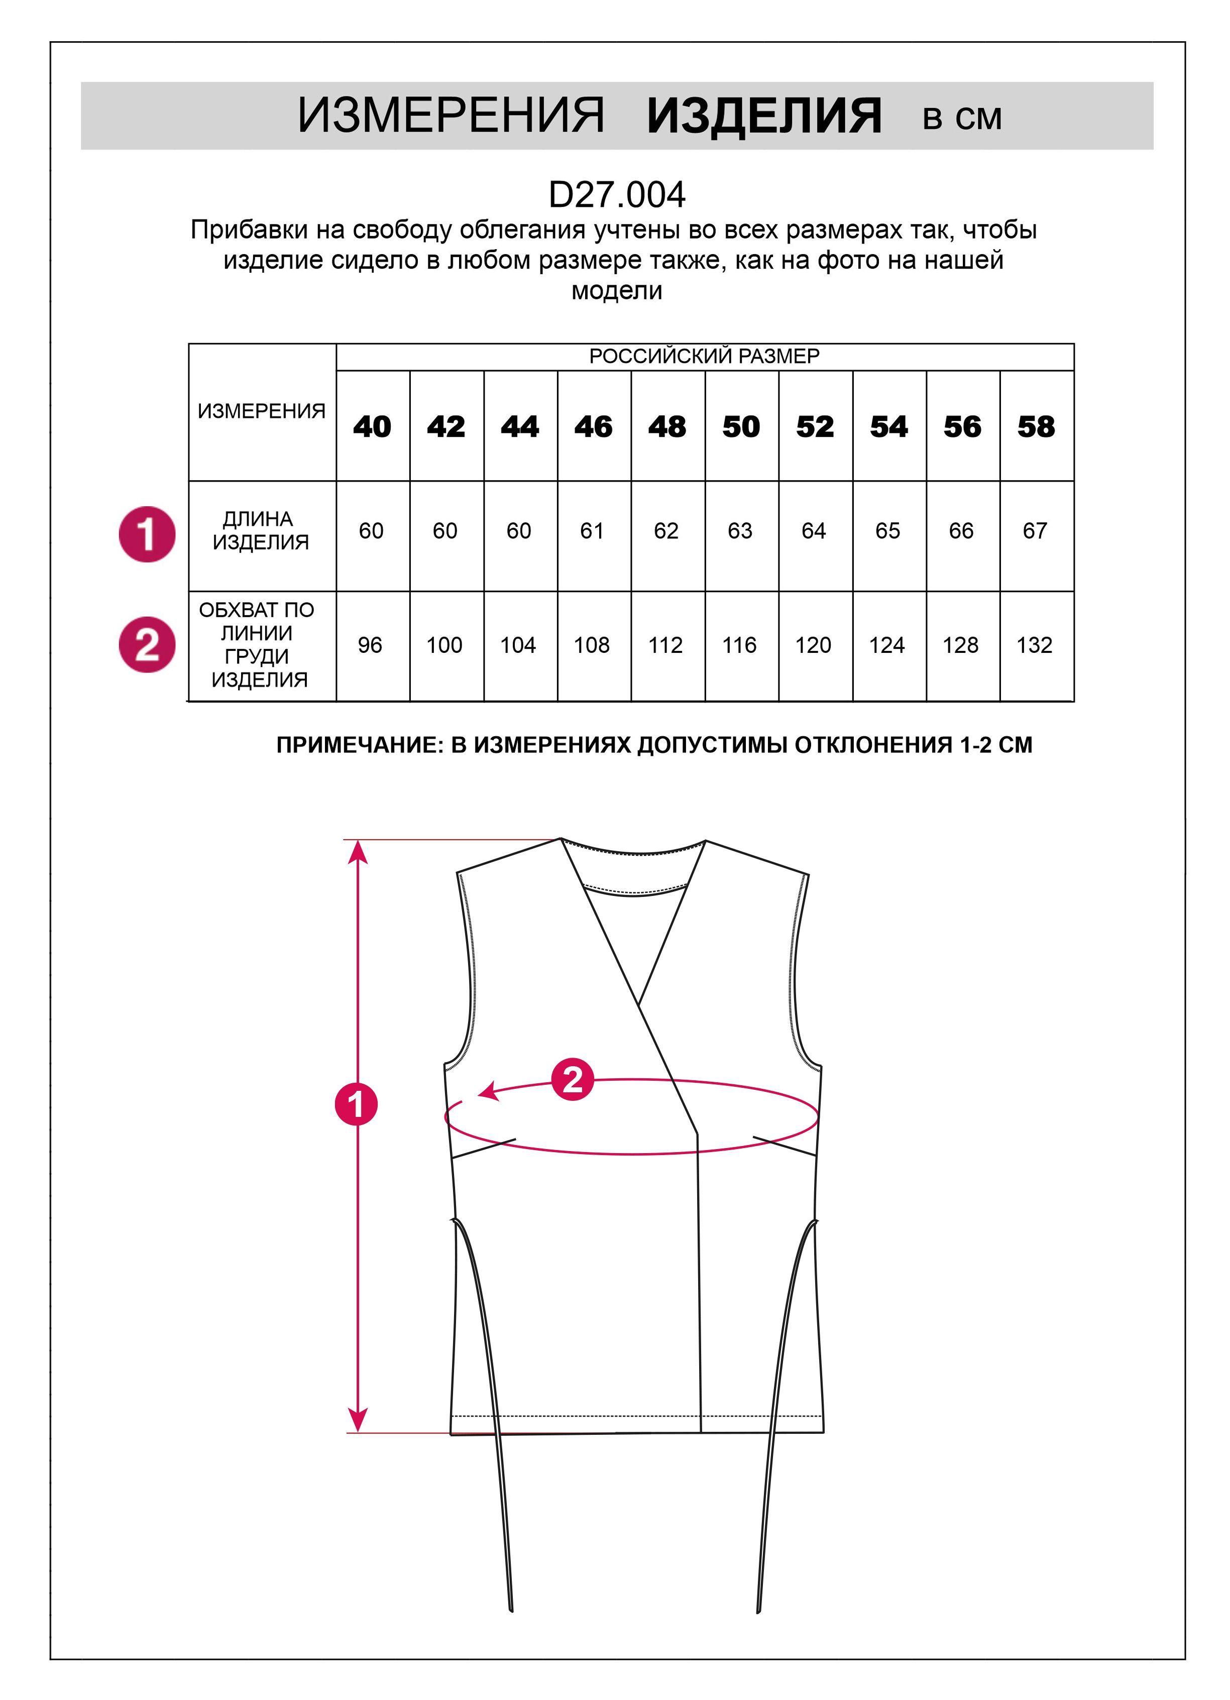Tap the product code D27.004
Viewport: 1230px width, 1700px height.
tap(616, 195)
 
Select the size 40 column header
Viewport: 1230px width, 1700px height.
tap(372, 426)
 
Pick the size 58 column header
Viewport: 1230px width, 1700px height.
tap(1036, 426)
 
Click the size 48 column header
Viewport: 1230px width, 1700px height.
tap(667, 426)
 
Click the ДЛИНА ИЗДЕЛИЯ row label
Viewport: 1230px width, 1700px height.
tap(260, 530)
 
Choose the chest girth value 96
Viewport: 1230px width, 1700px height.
tap(370, 645)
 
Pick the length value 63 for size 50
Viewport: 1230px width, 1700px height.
tap(740, 531)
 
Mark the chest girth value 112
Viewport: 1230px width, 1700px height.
tap(665, 645)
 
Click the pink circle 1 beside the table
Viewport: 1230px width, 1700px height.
tap(147, 534)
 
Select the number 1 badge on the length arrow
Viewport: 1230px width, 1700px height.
tap(356, 1103)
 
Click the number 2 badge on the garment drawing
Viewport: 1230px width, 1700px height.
tap(573, 1079)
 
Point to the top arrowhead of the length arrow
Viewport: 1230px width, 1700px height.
tap(358, 851)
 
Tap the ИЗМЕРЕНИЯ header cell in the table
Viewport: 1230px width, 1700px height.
tap(262, 411)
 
